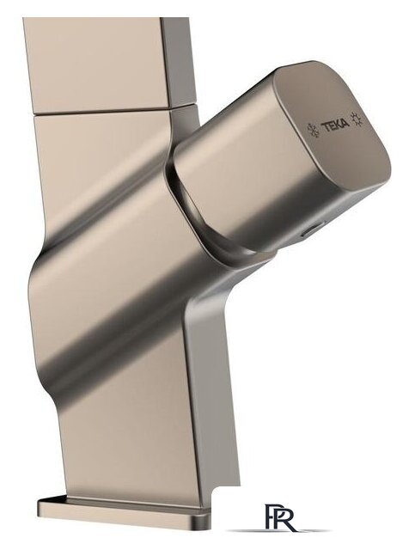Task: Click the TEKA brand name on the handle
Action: point(336,125)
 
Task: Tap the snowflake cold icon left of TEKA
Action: point(313,129)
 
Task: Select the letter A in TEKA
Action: point(345,123)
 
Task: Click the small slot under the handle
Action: point(311,229)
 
